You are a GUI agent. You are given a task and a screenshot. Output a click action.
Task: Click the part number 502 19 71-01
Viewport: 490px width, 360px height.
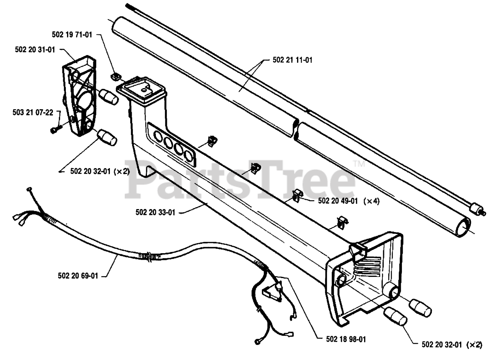[72, 35]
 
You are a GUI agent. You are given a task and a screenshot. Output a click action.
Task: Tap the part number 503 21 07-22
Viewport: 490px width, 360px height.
[33, 113]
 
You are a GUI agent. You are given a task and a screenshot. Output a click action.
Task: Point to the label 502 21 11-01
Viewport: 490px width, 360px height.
[292, 60]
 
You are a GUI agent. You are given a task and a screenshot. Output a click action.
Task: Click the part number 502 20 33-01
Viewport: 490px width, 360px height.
[155, 212]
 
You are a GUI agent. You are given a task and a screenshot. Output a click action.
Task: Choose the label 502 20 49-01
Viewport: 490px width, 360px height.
[338, 201]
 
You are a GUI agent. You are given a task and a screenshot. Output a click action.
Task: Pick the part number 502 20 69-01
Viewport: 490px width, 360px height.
[78, 275]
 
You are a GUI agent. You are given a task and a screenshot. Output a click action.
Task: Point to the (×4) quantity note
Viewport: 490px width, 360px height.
[371, 201]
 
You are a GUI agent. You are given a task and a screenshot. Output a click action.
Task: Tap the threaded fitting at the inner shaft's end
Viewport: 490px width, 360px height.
[477, 210]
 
